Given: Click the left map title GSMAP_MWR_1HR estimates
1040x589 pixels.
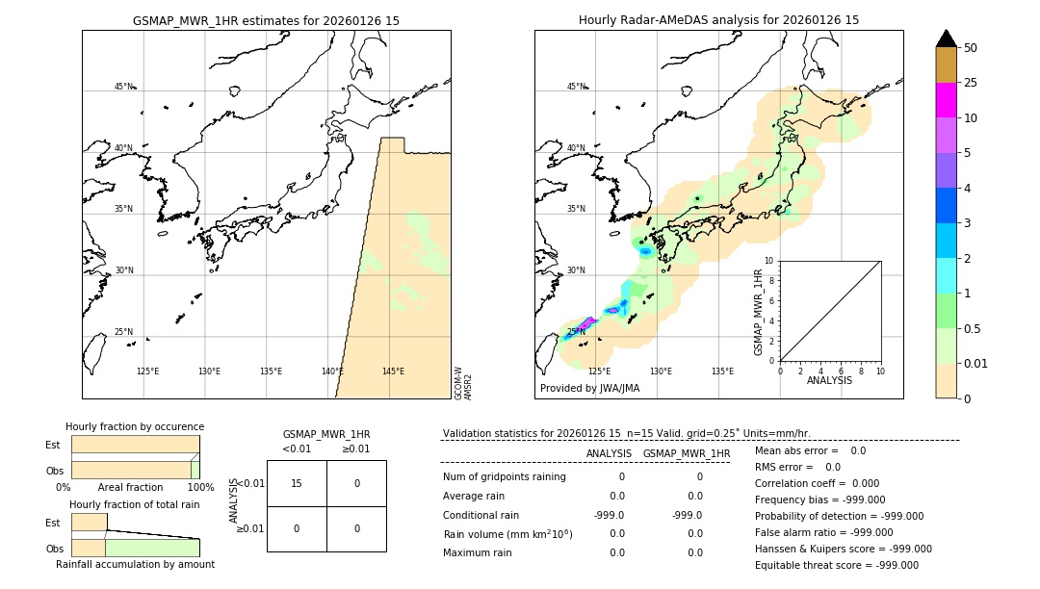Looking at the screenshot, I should [x=266, y=20].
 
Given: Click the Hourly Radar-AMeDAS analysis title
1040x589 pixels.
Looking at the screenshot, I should [x=718, y=20].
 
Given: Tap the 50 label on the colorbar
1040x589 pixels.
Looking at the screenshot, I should [x=971, y=48].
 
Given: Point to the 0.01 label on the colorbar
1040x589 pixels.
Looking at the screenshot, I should [x=976, y=363].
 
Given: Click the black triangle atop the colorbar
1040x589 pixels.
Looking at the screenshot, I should [x=947, y=38].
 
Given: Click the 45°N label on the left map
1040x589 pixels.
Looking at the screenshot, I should [x=124, y=87].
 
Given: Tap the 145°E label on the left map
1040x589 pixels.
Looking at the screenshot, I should [x=393, y=371].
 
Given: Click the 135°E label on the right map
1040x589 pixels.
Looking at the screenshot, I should [x=722, y=371].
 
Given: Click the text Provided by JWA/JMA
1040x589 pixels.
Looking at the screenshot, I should [x=589, y=389].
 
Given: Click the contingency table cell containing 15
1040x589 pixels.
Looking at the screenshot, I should [x=297, y=483].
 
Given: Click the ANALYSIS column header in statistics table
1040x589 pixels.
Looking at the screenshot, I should [x=609, y=453].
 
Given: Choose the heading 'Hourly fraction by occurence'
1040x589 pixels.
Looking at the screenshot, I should [x=135, y=426].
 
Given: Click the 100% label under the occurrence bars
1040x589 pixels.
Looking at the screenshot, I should [x=200, y=487].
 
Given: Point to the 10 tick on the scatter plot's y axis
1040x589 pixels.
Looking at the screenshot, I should [x=768, y=261].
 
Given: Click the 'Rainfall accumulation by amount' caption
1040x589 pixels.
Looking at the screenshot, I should [x=135, y=564].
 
